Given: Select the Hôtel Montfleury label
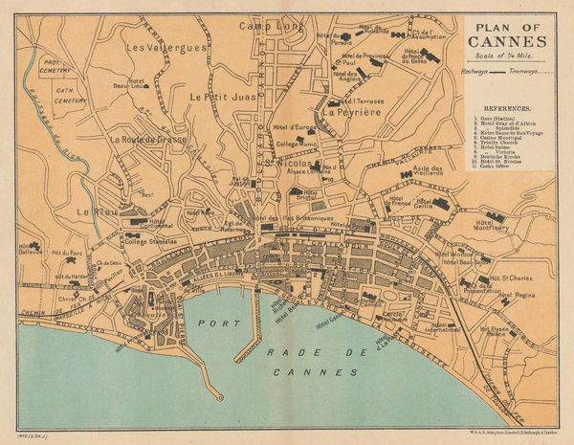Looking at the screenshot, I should [x=488, y=226].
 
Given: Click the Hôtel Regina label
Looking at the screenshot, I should [x=518, y=296].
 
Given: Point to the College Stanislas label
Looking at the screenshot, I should [x=150, y=241].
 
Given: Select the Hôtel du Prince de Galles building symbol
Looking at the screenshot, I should [x=430, y=56].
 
